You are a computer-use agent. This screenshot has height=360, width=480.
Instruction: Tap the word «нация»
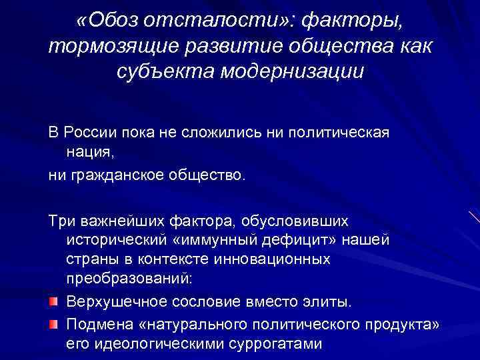coord(89,153)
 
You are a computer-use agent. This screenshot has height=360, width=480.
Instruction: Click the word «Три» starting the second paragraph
coord(61,221)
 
